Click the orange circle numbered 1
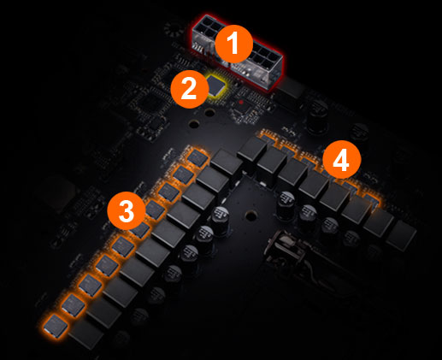233,44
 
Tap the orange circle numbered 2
189,89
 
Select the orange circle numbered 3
126,210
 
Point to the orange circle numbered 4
342,160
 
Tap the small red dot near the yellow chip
241,102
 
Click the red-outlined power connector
238,52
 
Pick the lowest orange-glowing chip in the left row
56,326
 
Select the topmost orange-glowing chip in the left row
197,157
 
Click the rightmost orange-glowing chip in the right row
372,200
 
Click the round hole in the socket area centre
251,216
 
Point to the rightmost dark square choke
401,236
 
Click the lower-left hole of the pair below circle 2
194,124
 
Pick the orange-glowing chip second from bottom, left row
74,305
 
